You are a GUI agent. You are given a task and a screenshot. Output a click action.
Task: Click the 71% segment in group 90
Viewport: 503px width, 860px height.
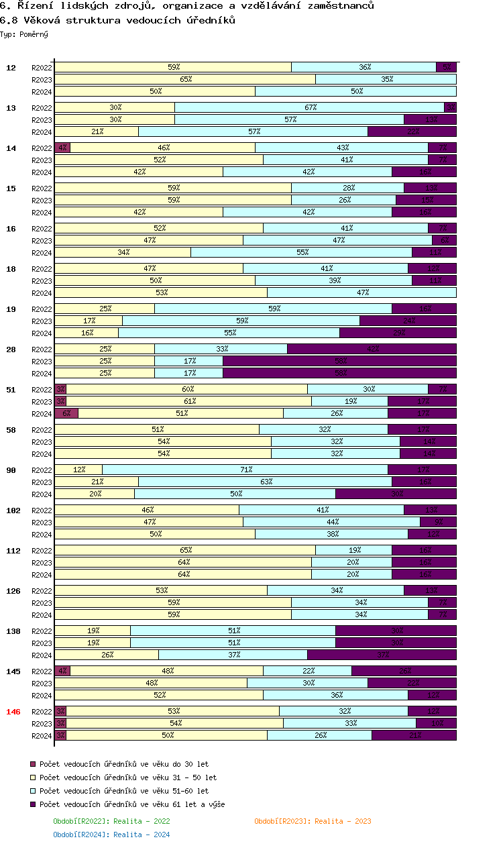245,470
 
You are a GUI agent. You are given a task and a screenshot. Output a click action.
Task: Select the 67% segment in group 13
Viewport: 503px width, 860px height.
310,107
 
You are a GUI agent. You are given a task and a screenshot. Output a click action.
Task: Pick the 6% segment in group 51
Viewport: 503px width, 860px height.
66,413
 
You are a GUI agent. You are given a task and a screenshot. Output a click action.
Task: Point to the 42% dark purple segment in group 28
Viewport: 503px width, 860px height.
372,349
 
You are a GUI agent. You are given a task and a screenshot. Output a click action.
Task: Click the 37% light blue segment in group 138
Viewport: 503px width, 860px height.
233,655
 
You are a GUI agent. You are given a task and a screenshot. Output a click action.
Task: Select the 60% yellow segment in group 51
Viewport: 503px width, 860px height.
187,389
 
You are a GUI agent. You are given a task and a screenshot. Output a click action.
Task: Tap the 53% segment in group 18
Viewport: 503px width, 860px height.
161,292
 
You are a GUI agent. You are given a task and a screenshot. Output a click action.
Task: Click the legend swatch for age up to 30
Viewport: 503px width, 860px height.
33,764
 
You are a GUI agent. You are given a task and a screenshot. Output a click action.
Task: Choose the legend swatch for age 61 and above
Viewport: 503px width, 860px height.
33,804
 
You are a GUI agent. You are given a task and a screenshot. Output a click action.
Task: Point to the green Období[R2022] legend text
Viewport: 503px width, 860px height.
111,821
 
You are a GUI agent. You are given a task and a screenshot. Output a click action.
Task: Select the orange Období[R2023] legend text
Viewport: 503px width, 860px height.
313,821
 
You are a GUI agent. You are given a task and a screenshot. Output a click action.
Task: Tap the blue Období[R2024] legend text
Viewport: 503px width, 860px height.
111,835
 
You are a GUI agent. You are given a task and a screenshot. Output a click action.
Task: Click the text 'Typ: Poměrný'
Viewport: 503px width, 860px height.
24,34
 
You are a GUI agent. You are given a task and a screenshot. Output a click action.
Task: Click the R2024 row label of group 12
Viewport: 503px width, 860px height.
42,91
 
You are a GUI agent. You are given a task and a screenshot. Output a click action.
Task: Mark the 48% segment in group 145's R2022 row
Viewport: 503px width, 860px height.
167,671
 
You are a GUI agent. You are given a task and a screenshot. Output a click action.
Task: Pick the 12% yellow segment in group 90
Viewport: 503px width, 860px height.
78,470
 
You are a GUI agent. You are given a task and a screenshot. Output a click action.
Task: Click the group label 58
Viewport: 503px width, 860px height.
11,429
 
